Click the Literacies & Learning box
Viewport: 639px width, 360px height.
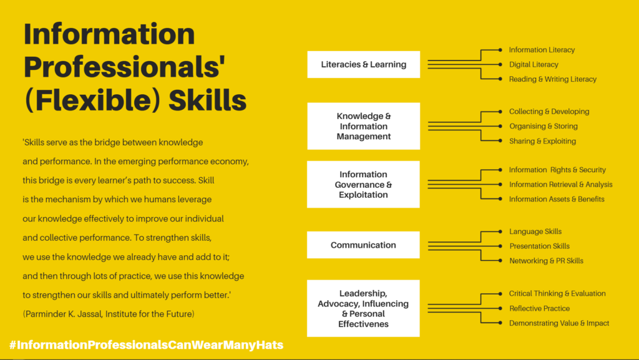coord(364,64)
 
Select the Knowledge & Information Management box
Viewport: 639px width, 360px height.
coord(364,126)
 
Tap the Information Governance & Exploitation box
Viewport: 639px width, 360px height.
coord(364,185)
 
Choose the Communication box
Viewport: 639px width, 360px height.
coord(364,245)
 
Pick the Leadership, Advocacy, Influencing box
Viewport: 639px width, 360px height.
coord(364,308)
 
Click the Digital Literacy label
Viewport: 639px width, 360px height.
coord(534,64)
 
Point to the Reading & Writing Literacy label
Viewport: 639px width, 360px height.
coord(553,79)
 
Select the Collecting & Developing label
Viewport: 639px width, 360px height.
coord(549,112)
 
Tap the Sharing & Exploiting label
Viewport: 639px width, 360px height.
coord(542,141)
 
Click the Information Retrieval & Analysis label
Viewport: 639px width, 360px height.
coord(561,185)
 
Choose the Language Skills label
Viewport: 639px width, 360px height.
coord(535,231)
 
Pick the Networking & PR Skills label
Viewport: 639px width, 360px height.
coord(546,261)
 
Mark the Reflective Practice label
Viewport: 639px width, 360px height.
coord(539,308)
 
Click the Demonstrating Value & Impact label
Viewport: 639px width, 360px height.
coord(559,323)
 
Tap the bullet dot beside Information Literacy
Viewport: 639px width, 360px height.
coord(500,50)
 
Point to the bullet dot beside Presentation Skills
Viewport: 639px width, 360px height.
coord(500,246)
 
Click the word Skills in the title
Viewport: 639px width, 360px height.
coord(207,100)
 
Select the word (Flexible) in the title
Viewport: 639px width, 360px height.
coord(92,100)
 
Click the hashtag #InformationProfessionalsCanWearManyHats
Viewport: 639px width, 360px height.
coord(146,345)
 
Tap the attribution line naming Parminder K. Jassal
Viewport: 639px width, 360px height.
coord(109,314)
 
